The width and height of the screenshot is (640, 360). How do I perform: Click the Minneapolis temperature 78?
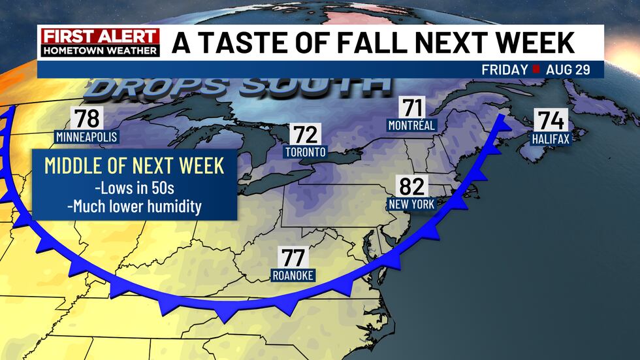click(87, 119)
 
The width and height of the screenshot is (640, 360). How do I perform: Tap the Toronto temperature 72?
click(305, 135)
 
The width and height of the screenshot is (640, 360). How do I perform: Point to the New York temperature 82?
click(411, 187)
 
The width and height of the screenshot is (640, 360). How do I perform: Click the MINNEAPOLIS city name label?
click(86, 137)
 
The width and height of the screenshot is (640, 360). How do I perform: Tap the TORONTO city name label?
click(305, 152)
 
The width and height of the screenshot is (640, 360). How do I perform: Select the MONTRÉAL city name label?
click(411, 125)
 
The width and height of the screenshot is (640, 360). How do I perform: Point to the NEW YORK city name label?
click(411, 204)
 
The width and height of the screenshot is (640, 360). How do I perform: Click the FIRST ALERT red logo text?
click(99, 37)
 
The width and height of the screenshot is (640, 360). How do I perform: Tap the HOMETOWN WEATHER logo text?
click(99, 50)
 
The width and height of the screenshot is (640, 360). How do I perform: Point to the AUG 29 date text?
click(569, 69)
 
